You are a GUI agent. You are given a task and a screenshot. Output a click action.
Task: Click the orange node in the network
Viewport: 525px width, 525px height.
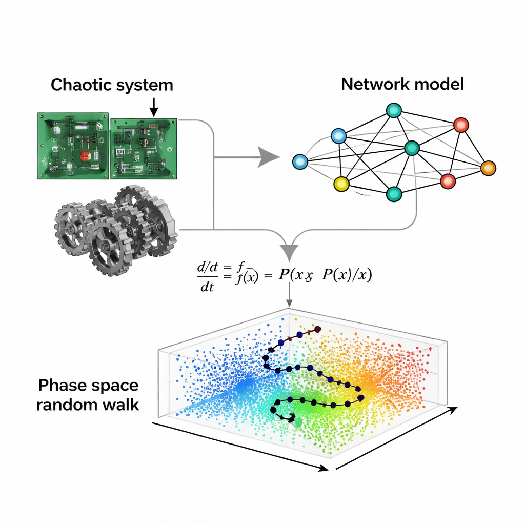pos(489,168)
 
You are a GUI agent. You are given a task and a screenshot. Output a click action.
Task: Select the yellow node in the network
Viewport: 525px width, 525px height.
pos(341,184)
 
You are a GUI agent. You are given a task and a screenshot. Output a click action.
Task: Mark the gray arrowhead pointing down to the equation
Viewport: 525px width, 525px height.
pos(291,252)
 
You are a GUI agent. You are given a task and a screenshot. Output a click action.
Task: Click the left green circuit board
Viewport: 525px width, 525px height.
pos(73,146)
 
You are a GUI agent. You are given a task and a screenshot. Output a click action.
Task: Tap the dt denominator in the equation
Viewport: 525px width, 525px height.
pos(207,288)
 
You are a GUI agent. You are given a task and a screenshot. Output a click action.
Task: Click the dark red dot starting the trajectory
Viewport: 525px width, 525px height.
pos(317,329)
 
